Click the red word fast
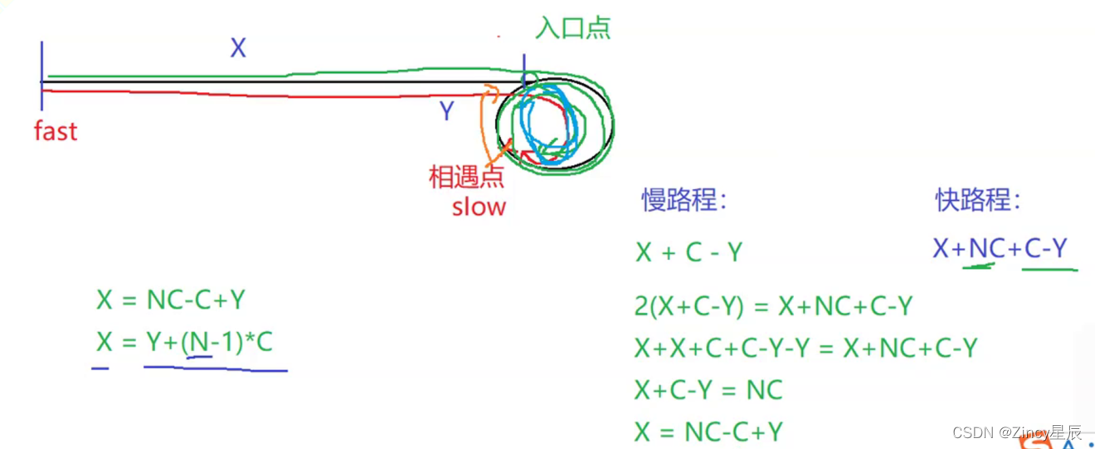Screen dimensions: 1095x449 pos(56,131)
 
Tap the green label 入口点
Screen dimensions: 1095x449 pos(573,28)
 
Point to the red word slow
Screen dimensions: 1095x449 pos(479,207)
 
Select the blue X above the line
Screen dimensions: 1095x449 pos(238,49)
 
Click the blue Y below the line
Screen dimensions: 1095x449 pos(446,111)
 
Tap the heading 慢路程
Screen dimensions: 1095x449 pos(684,200)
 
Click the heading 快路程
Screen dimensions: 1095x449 pos(978,199)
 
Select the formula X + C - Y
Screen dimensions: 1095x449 pos(689,252)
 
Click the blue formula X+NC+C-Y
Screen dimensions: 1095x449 pos(1000,248)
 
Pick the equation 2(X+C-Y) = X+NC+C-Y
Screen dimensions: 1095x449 pos(773,307)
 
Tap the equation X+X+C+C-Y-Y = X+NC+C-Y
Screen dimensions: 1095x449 pos(805,349)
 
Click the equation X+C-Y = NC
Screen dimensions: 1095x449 pos(708,390)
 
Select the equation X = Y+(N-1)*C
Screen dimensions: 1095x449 pos(184,342)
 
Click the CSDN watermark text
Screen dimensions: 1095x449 pos(1017,432)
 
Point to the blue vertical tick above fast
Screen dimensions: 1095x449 pos(41,75)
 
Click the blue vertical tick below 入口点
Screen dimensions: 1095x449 pos(523,66)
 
